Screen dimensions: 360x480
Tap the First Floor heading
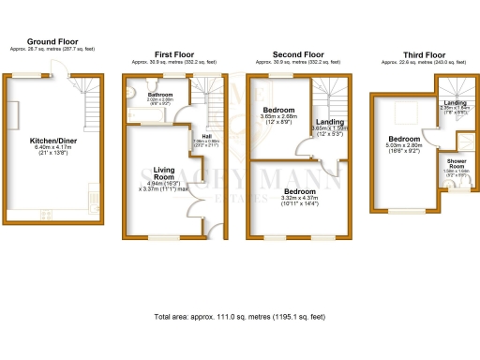pyautogui.click(x=175, y=54)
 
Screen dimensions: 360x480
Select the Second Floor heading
pyautogui.click(x=299, y=54)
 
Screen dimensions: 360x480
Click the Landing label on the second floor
pyautogui.click(x=329, y=121)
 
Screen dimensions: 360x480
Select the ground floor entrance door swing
pyautogui.click(x=60, y=82)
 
